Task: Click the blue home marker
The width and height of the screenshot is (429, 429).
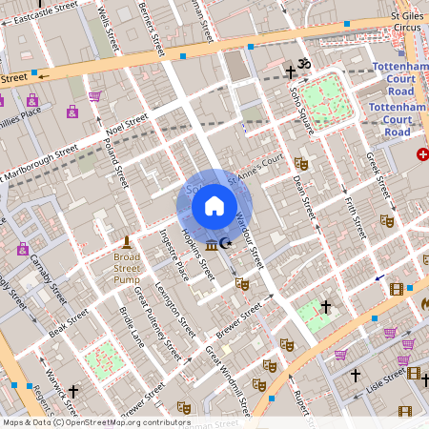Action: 214,205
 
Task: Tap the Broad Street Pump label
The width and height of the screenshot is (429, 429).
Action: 127,262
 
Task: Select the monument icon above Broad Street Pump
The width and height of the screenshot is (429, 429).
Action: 126,240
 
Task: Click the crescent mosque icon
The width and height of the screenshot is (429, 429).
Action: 226,245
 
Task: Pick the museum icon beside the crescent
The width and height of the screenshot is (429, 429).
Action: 212,246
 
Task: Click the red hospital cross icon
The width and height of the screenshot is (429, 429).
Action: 422,154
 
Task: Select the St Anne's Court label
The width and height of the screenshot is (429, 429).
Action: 255,162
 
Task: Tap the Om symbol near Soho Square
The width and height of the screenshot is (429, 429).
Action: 304,64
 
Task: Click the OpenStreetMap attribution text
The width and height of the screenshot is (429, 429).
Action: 95,422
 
